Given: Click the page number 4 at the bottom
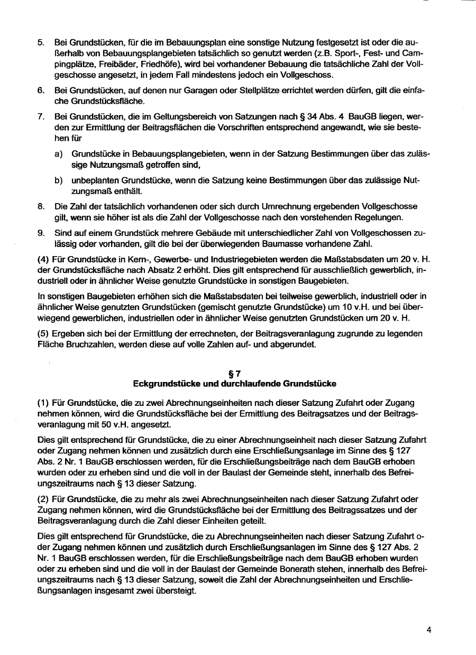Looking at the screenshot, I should [429, 630].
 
